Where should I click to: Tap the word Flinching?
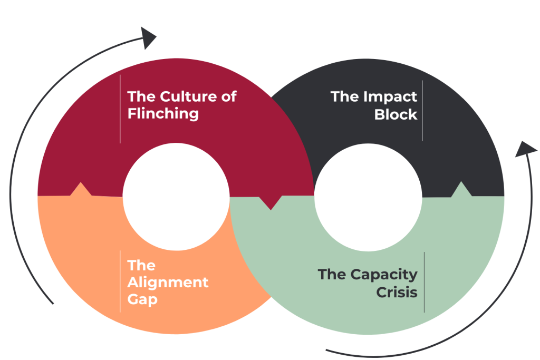pyautogui.click(x=163, y=113)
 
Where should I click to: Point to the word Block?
pyautogui.click(x=396, y=114)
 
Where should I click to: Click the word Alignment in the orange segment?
pyautogui.click(x=168, y=283)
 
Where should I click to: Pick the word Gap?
pyautogui.click(x=142, y=299)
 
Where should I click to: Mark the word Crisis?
pyautogui.click(x=397, y=292)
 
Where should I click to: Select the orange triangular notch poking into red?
pyautogui.click(x=81, y=189)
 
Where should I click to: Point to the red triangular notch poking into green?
pyautogui.click(x=271, y=203)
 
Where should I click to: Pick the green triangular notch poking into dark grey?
pyautogui.click(x=461, y=189)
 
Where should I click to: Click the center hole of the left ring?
pyautogui.click(x=176, y=196)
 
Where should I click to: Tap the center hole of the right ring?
pyautogui.click(x=368, y=196)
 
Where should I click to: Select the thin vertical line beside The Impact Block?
pyautogui.click(x=422, y=110)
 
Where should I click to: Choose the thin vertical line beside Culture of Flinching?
pyautogui.click(x=120, y=109)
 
